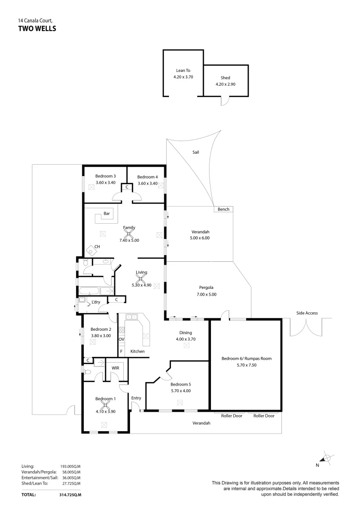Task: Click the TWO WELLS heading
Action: [37, 29]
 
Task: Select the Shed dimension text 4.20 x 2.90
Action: [225, 84]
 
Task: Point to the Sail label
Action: [195, 153]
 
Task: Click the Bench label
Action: [223, 209]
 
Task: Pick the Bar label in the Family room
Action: [107, 214]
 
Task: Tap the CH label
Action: [97, 246]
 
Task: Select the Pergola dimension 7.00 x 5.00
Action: [206, 295]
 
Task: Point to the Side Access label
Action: [307, 313]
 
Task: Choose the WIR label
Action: [115, 368]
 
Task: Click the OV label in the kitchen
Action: [121, 339]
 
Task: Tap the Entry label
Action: [136, 398]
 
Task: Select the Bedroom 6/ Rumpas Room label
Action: [246, 358]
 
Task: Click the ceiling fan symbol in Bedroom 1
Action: [105, 406]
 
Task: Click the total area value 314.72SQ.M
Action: [69, 495]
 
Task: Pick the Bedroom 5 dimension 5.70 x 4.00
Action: [180, 391]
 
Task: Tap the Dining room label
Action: [186, 333]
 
